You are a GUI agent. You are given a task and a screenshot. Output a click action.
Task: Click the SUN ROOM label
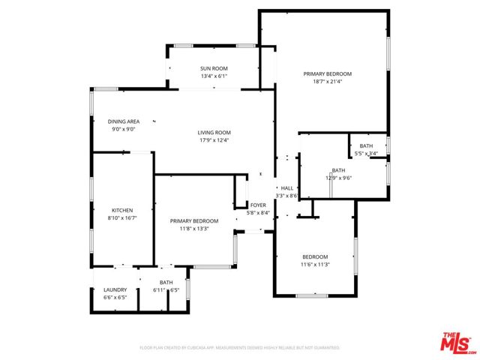[214, 68]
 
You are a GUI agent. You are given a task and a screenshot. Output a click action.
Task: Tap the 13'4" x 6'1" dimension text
[214, 76]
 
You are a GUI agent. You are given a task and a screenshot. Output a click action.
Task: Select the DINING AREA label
[124, 121]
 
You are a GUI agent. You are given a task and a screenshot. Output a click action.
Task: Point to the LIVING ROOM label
[214, 133]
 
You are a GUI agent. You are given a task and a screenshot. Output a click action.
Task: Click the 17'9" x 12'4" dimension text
[214, 140]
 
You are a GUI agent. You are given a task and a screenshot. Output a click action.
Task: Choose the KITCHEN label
[122, 210]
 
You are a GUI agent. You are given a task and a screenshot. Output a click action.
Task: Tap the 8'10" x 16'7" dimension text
[122, 217]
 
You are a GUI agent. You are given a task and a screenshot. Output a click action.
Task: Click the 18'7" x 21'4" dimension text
[328, 82]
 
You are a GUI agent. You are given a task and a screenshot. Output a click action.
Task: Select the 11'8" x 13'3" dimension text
[194, 229]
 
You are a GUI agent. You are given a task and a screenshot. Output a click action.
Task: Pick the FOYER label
[258, 205]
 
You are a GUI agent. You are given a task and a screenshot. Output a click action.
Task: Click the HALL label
[287, 188]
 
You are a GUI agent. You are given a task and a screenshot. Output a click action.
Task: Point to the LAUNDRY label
[115, 289]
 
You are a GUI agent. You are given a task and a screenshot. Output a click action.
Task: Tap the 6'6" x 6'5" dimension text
[115, 297]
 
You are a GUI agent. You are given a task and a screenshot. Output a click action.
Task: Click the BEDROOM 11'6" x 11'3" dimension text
[316, 264]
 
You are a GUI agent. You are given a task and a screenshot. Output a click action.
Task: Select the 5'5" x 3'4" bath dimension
[366, 154]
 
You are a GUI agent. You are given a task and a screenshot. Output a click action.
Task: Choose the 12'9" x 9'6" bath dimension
[339, 178]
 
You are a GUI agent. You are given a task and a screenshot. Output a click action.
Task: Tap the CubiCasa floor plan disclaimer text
[240, 348]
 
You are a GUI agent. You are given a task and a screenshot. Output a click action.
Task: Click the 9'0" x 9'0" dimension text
[124, 129]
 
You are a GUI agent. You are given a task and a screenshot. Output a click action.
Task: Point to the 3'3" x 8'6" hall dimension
[287, 196]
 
